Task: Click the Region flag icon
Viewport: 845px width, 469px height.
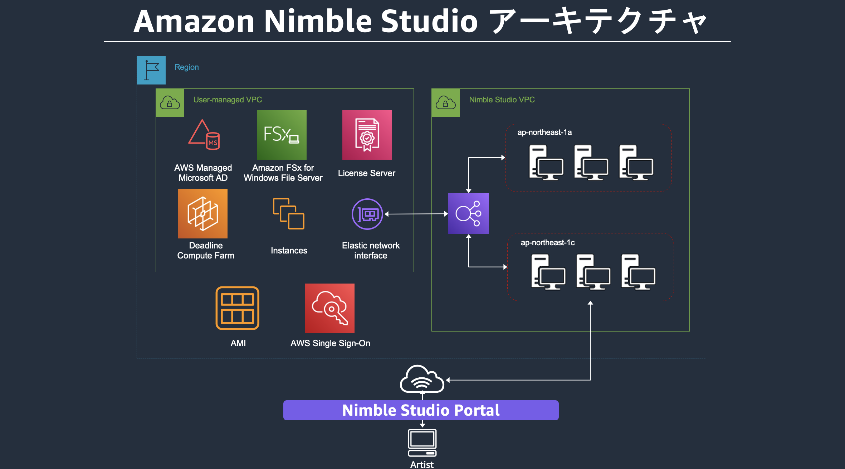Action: click(151, 70)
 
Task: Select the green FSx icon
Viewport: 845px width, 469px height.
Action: click(282, 135)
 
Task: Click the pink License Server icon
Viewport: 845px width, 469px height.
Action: click(367, 135)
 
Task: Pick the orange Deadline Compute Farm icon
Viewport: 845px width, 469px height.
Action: click(202, 214)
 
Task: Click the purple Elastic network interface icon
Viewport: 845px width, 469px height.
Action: click(367, 214)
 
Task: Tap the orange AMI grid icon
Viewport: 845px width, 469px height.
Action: click(237, 308)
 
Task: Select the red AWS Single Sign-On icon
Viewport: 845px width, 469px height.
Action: click(329, 308)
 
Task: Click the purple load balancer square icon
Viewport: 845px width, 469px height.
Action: click(468, 214)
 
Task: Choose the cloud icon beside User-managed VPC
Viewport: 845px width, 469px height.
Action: click(170, 103)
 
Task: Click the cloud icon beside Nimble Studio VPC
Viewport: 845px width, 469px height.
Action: click(445, 103)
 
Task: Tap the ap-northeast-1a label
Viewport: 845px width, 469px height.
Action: click(544, 132)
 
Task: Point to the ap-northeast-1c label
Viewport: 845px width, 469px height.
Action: click(547, 243)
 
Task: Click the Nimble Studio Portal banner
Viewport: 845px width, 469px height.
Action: click(421, 410)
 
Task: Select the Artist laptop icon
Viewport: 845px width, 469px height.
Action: click(422, 443)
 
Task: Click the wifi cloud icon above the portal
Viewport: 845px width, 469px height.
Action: click(422, 379)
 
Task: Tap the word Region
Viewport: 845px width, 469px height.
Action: click(186, 67)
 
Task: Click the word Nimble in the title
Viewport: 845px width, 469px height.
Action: click(318, 21)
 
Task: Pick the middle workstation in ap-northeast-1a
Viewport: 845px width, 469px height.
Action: click(591, 163)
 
